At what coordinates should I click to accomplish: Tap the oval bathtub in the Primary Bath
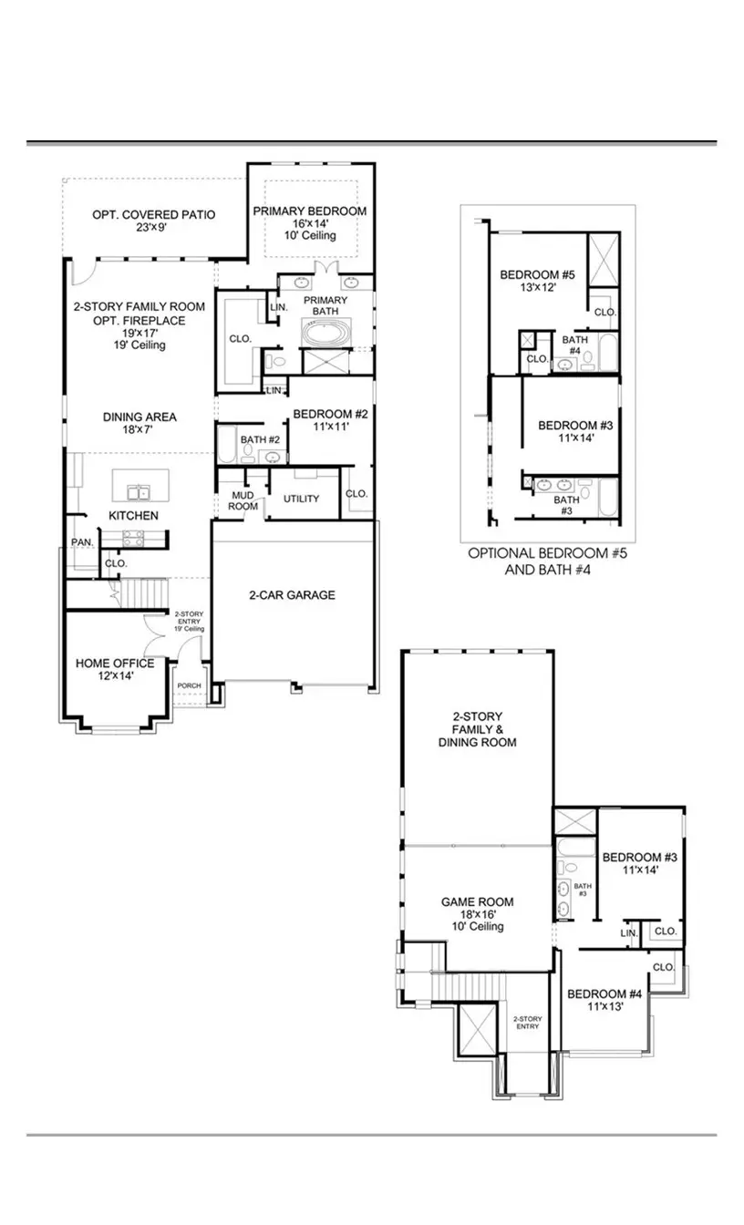pyautogui.click(x=325, y=332)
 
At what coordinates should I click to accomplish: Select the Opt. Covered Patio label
pyautogui.click(x=153, y=221)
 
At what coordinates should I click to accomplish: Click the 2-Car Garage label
pyautogui.click(x=292, y=595)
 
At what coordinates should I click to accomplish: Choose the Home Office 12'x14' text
pyautogui.click(x=114, y=669)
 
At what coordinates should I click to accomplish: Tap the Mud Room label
pyautogui.click(x=243, y=500)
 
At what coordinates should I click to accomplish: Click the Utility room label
pyautogui.click(x=301, y=499)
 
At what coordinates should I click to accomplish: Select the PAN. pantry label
pyautogui.click(x=82, y=542)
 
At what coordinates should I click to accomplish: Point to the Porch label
pyautogui.click(x=189, y=685)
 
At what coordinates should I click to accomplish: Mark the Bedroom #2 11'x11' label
pyautogui.click(x=329, y=420)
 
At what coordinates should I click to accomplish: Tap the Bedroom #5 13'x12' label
pyautogui.click(x=537, y=281)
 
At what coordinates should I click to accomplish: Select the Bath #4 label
pyautogui.click(x=574, y=345)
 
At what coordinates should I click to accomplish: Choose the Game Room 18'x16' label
pyautogui.click(x=477, y=914)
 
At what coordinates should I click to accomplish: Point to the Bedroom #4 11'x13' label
pyautogui.click(x=604, y=1000)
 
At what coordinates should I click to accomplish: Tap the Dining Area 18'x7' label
pyautogui.click(x=139, y=423)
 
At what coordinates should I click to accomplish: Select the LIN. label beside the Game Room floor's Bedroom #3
pyautogui.click(x=628, y=933)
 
